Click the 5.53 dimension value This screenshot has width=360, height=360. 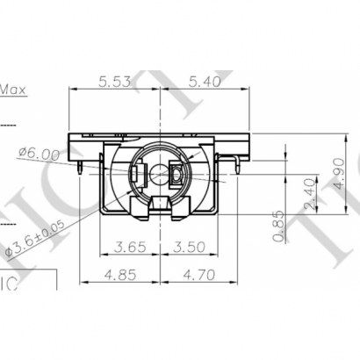116,82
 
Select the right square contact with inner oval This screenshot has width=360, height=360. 176,176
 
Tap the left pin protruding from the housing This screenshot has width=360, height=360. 80,163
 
